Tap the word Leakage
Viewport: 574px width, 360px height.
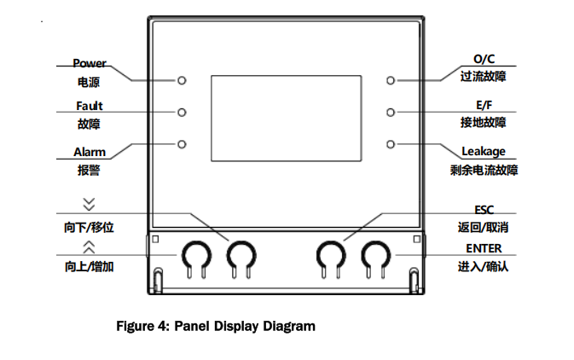484,151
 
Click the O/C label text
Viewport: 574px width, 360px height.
484,59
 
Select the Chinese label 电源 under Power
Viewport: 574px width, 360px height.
89,82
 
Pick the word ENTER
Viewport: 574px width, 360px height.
484,248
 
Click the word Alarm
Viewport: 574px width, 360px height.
90,152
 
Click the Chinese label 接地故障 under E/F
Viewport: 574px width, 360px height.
484,122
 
